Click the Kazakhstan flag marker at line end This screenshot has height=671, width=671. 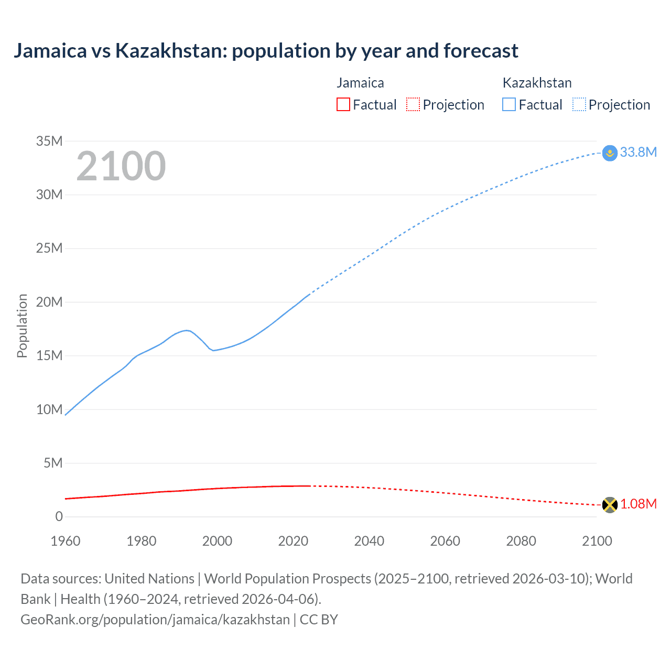[x=610, y=153]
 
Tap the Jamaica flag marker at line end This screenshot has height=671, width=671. [x=610, y=505]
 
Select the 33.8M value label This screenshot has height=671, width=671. [x=638, y=152]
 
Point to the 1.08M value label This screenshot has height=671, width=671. [x=638, y=504]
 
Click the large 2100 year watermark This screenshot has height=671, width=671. [x=121, y=166]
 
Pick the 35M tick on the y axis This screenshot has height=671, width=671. [x=49, y=141]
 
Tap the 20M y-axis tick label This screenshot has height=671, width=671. [x=49, y=302]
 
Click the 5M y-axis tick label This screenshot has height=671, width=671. [x=53, y=463]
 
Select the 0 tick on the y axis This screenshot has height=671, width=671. [x=59, y=516]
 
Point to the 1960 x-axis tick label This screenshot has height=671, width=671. [x=66, y=541]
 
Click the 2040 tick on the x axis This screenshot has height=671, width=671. [x=369, y=541]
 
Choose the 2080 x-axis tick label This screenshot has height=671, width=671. [x=521, y=541]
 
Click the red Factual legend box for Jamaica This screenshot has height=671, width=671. [x=343, y=105]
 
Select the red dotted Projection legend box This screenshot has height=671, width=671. [x=413, y=105]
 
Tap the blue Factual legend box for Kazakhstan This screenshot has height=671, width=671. [x=509, y=105]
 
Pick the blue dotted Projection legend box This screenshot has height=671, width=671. [x=579, y=105]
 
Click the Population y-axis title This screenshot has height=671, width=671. [x=22, y=326]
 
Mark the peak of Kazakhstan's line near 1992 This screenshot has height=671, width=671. [x=187, y=330]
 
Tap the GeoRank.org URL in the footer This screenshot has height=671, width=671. [x=155, y=619]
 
